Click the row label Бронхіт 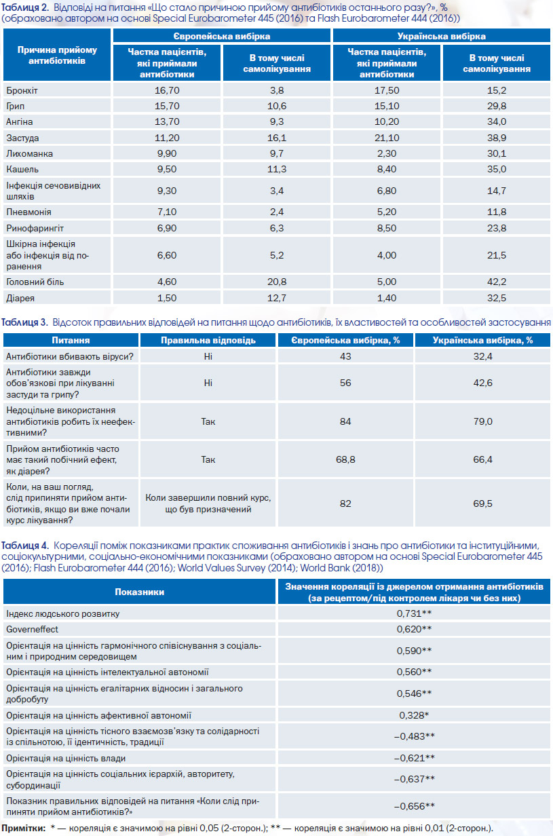pos(22,91)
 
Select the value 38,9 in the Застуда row pos(497,138)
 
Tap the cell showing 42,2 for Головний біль pos(497,282)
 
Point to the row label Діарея pos(20,298)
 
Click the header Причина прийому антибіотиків pos(57,55)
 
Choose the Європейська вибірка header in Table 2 pos(222,36)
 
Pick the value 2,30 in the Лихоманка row pos(387,154)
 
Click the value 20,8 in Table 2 pos(277,282)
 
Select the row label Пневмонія pos(28,212)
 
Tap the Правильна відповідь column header pos(208,341)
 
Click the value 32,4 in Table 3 pos(483,356)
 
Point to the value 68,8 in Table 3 pos(345,459)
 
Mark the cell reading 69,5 pos(483,503)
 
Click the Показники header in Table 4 pos(140,592)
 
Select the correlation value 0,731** pos(414,613)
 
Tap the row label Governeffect pos(32,629)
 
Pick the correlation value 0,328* pos(414,715)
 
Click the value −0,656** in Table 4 pos(414,806)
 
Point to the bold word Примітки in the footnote pos(23,828)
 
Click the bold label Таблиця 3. pos(24,322)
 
